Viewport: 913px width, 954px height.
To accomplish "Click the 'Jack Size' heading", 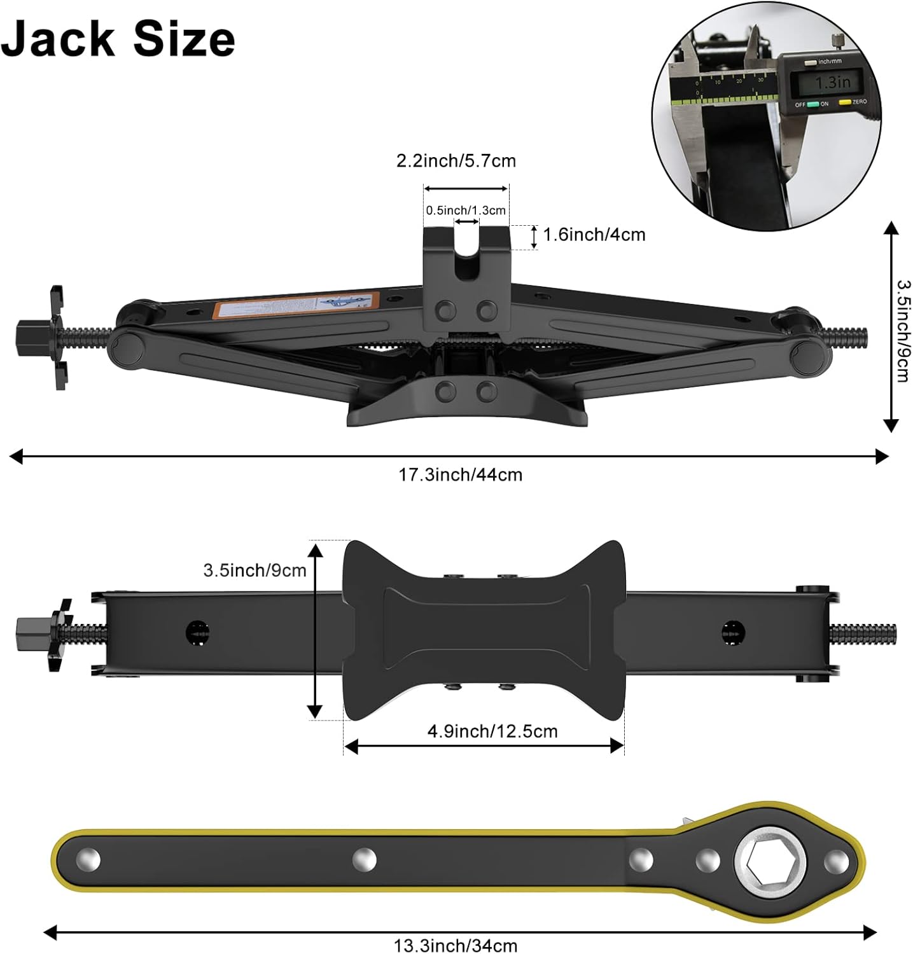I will click(118, 38).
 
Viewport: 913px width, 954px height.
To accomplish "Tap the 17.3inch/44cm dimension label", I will click(460, 474).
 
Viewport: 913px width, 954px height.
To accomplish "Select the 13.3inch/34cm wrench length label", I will click(456, 945).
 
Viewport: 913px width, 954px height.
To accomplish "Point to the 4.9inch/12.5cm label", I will click(492, 731).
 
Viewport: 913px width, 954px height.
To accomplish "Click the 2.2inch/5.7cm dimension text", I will click(456, 161).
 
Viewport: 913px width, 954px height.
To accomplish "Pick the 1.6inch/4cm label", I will click(594, 235).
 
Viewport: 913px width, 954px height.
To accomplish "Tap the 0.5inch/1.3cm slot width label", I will click(466, 211).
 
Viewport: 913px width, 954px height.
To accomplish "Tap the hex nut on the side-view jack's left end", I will click(29, 338).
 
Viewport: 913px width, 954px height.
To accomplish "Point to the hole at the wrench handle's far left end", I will click(88, 861).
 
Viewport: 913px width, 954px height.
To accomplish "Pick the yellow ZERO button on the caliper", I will click(844, 102).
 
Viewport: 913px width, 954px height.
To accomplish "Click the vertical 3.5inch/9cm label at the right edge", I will click(902, 331).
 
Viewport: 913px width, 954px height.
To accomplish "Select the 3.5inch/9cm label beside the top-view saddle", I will click(254, 570).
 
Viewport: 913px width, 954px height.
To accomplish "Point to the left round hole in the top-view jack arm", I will click(197, 632).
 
